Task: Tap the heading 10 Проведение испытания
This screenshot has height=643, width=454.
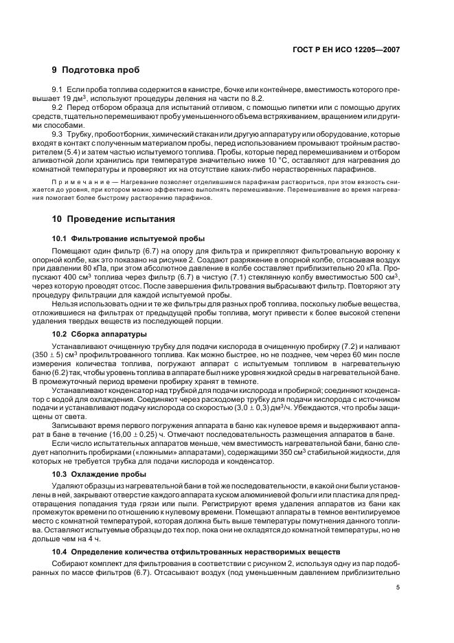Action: pyautogui.click(x=113, y=218)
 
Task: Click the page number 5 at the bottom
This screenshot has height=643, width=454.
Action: pyautogui.click(x=398, y=588)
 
